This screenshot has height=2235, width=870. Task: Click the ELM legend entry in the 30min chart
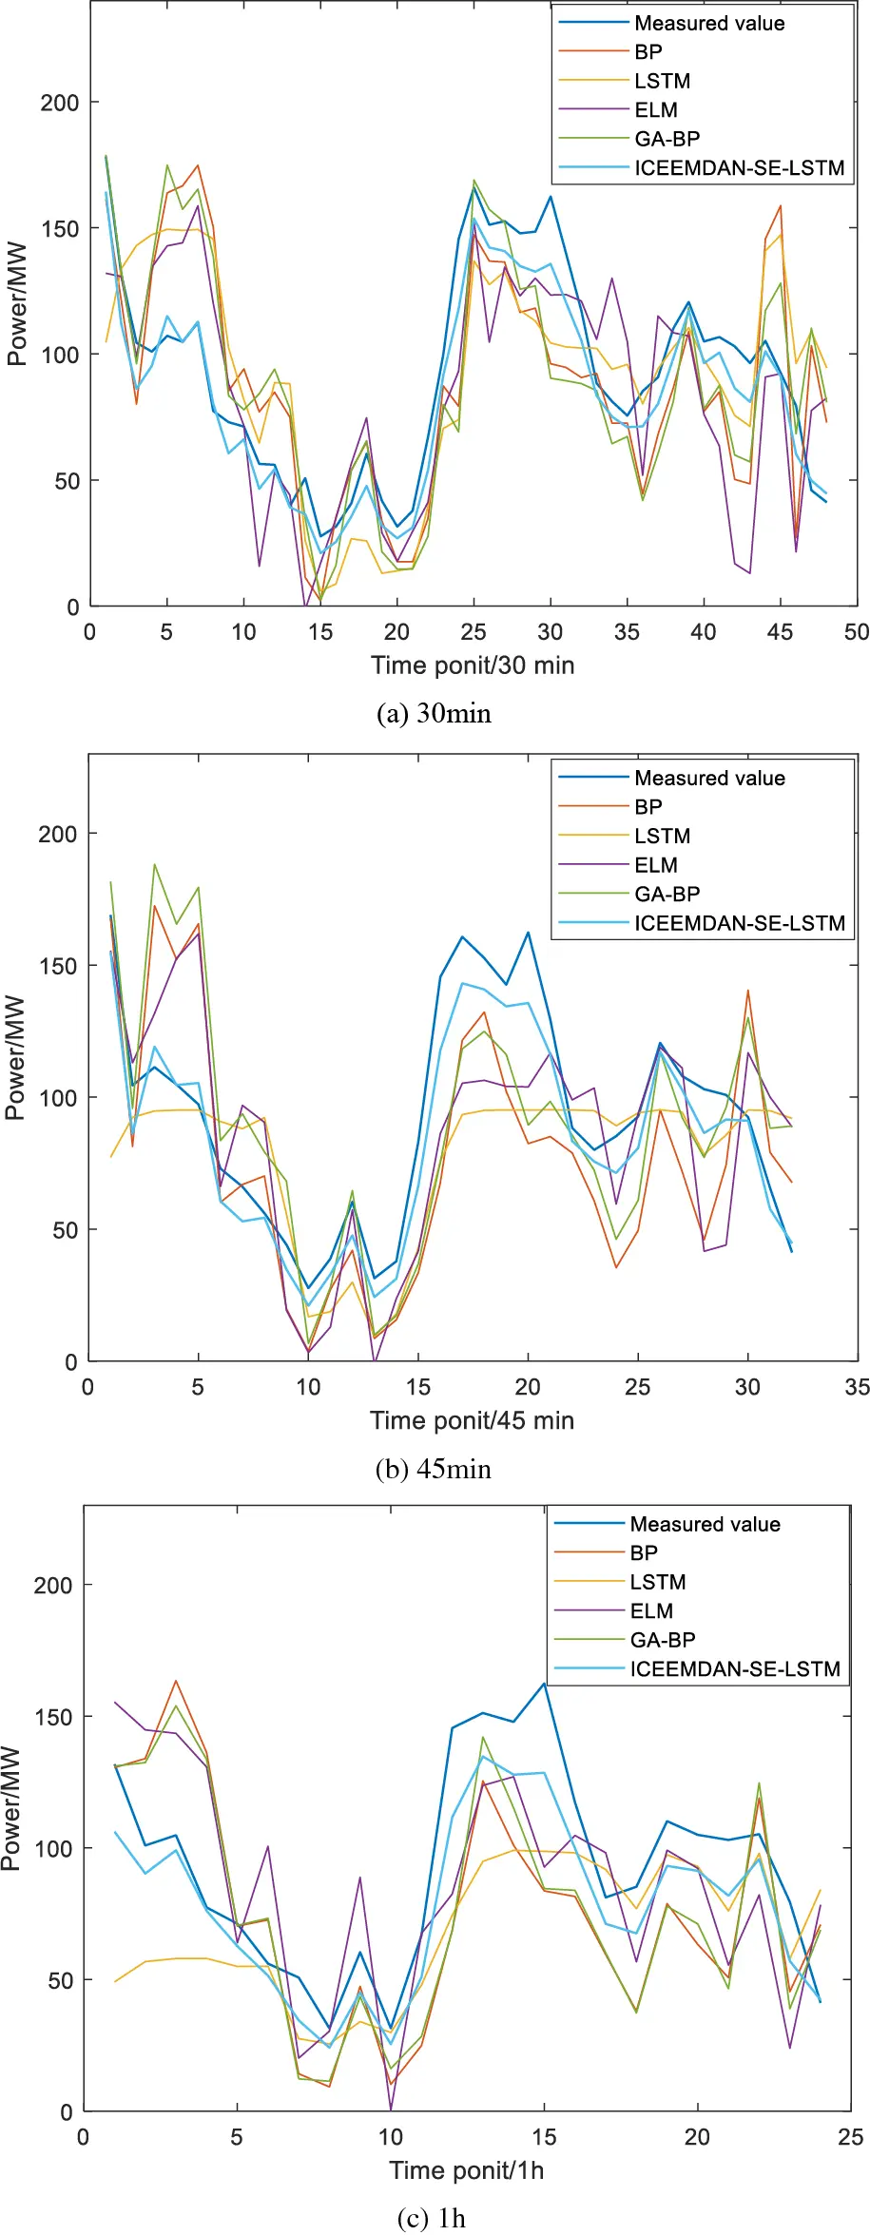[x=656, y=110]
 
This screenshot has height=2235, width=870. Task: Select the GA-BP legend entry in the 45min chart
[x=667, y=894]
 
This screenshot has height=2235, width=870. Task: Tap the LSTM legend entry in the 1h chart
[x=658, y=1582]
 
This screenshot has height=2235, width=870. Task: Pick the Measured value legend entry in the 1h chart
[x=705, y=1524]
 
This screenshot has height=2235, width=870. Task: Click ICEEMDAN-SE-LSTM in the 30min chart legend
[x=739, y=168]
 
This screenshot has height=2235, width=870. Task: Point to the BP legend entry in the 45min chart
[x=648, y=807]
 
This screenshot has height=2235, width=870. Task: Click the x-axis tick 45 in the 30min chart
[x=781, y=632]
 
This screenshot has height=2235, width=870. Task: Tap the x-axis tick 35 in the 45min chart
[x=857, y=1387]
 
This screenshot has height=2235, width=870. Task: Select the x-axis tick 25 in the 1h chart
[x=850, y=2137]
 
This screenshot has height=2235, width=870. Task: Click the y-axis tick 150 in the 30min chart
[x=59, y=229]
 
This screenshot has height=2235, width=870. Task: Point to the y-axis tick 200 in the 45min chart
[x=57, y=834]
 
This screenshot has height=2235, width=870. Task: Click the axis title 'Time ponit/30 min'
[x=473, y=665]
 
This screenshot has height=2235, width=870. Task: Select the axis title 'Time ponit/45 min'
[x=472, y=1420]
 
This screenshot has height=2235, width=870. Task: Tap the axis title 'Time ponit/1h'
[x=466, y=2170]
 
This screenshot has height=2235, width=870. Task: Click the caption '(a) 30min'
[x=435, y=713]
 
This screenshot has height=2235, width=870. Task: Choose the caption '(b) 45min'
[x=434, y=1469]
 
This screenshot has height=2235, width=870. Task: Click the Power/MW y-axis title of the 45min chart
[x=15, y=1058]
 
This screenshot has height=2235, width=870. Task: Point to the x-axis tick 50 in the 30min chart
[x=857, y=632]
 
